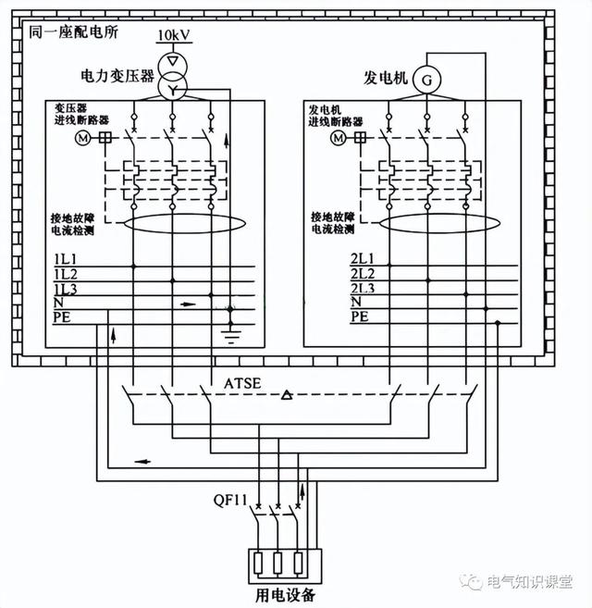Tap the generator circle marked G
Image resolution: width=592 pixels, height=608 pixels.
click(426, 81)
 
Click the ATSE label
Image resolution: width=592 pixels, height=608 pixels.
click(241, 381)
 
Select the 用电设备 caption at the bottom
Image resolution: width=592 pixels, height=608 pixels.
click(283, 592)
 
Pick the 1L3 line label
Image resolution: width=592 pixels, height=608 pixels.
click(65, 290)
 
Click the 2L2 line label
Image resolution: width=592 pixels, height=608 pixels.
click(362, 276)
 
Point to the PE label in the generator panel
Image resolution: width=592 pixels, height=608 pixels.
click(360, 316)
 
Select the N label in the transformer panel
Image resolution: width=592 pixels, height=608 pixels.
click(57, 303)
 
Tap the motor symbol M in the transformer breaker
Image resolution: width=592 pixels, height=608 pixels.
click(80, 138)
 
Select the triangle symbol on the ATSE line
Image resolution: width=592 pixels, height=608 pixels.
click(287, 396)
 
